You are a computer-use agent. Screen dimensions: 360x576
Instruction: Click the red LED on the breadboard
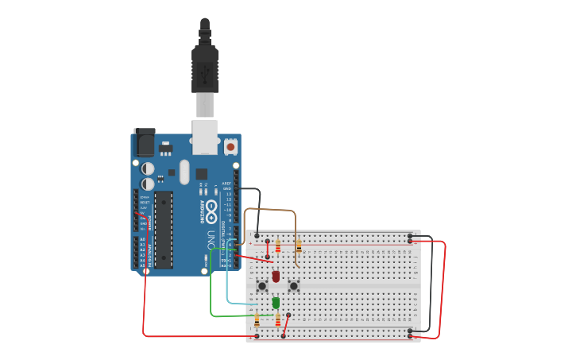[x=276, y=276]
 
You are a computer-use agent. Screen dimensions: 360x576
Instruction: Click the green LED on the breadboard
[x=276, y=303]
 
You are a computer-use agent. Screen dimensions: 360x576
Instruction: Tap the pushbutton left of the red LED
[x=261, y=285]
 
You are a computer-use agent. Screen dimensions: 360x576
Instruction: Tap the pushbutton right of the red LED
[x=293, y=285]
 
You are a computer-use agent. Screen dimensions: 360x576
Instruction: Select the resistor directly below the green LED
[x=277, y=320]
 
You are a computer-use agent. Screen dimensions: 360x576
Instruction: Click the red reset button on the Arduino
[x=230, y=147]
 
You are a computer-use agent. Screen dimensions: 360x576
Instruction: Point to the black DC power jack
[x=145, y=142]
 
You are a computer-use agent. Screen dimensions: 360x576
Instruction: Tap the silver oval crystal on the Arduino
[x=184, y=172]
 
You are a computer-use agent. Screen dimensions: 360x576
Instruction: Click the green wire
[x=211, y=294]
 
